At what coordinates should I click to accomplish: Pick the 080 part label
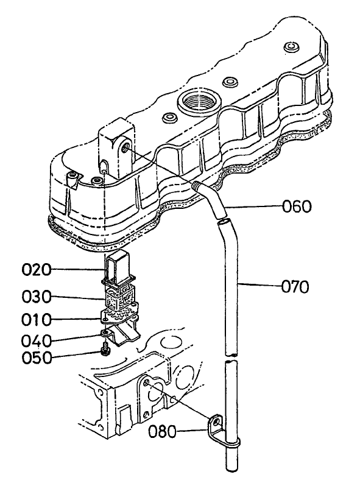[164, 431]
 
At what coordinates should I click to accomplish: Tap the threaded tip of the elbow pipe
[196, 185]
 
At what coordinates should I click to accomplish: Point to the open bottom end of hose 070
[230, 468]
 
